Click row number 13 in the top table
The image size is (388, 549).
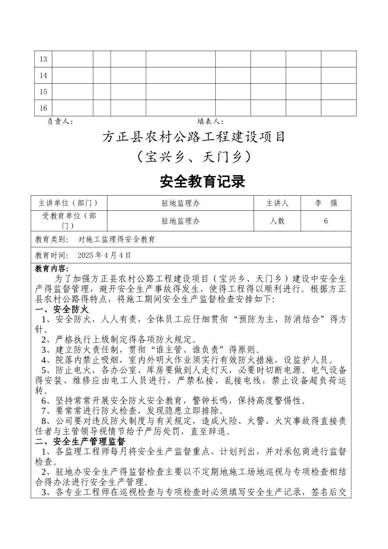pyautogui.click(x=43, y=59)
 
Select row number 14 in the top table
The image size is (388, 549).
pyautogui.click(x=43, y=76)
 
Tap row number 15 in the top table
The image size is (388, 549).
pyautogui.click(x=43, y=92)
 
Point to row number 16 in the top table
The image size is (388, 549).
pyautogui.click(x=43, y=108)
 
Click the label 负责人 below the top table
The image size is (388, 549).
pyautogui.click(x=60, y=121)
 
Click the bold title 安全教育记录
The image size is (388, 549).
pyautogui.click(x=202, y=181)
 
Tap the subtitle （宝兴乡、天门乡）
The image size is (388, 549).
pyautogui.click(x=194, y=157)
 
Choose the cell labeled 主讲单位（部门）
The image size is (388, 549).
pyautogui.click(x=69, y=203)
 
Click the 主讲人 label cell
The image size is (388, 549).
pyautogui.click(x=277, y=203)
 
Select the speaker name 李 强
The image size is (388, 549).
pyautogui.click(x=326, y=203)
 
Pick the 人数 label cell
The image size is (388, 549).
pyautogui.click(x=277, y=221)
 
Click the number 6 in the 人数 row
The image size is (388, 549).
pyautogui.click(x=326, y=221)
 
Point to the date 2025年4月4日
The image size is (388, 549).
pyautogui.click(x=104, y=255)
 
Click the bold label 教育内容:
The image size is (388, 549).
pyautogui.click(x=52, y=269)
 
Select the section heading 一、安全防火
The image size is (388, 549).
pyautogui.click(x=62, y=309)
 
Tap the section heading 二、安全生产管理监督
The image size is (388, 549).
pyautogui.click(x=80, y=442)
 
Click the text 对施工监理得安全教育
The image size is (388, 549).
pyautogui.click(x=116, y=239)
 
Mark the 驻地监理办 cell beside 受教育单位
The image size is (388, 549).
pyautogui.click(x=181, y=221)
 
